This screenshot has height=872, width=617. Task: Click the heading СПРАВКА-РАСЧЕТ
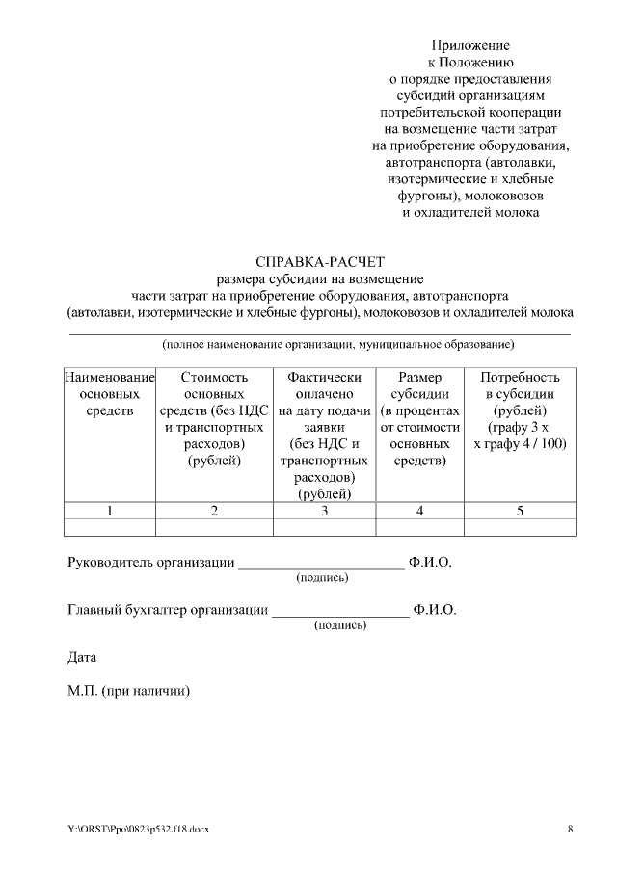320,261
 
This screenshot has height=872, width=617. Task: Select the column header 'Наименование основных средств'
109,394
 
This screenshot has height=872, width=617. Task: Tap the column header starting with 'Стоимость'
214,419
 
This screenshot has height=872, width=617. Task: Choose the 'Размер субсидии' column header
420,419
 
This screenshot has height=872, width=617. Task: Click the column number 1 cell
109,511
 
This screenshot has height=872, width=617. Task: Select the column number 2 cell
214,511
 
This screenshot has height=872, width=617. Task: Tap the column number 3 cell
325,511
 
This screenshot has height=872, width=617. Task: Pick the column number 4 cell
420,511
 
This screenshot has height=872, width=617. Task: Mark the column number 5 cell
520,511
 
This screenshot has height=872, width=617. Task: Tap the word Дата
82,657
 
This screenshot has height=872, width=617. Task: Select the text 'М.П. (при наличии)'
129,691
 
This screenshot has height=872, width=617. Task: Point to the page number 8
570,829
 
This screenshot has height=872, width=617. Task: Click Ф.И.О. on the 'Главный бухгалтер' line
435,610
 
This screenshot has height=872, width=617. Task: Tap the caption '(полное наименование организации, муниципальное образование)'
337,344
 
